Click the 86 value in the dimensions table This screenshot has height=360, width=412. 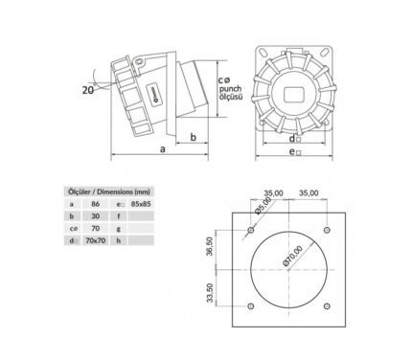tap(95, 204)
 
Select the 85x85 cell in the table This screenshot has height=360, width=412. tap(141, 204)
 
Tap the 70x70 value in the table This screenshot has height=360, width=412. tap(96, 240)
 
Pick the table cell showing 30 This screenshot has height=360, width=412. tap(96, 216)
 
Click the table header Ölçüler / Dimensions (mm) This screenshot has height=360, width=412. tap(109, 191)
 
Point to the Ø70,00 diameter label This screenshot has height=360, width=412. tap(292, 256)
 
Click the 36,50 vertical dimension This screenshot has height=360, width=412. tap(210, 247)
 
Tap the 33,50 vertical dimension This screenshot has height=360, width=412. tap(210, 293)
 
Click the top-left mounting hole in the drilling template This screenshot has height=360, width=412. tap(251, 230)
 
